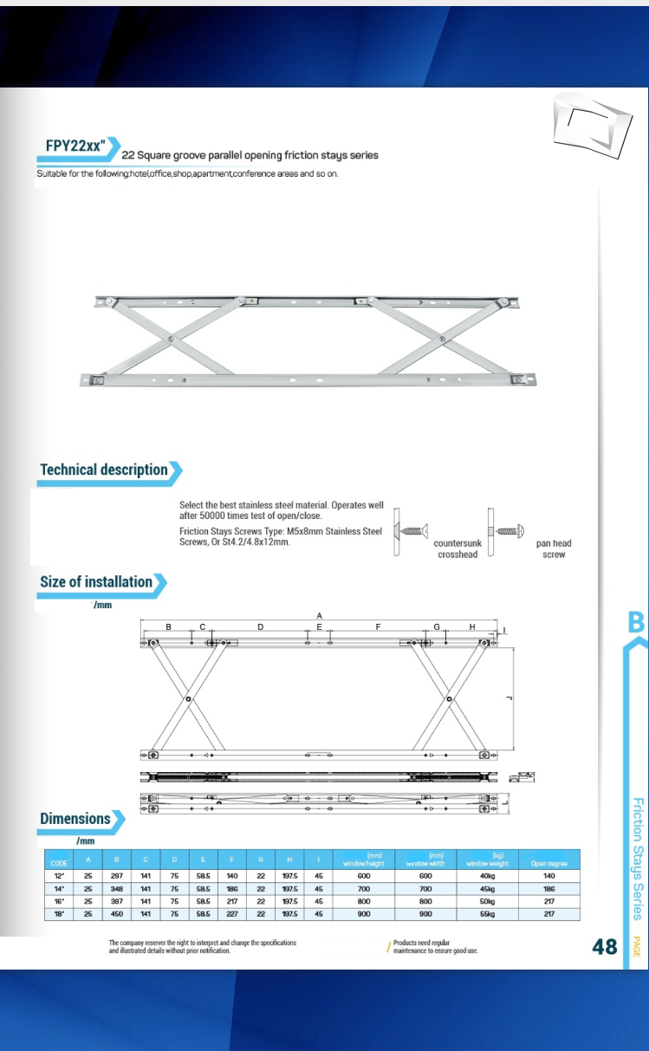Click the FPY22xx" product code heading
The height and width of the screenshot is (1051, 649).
coord(75,146)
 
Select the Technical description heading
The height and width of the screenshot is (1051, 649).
coord(104,470)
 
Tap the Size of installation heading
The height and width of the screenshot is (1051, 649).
coord(96,582)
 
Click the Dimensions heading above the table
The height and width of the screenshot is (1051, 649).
coord(75,819)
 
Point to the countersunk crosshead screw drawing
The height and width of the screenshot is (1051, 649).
coord(409,530)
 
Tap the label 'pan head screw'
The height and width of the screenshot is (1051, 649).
coord(554,548)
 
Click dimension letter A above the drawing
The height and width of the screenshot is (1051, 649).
coord(319,614)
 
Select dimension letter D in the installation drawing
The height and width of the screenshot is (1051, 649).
coord(260,626)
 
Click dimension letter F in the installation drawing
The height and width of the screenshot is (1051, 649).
coord(378,626)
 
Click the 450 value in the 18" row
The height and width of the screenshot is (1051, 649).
coord(117,913)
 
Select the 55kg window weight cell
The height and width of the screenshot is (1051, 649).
coord(488,913)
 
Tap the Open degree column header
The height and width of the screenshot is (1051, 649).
coord(548,863)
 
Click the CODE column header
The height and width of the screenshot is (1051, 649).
coord(59,863)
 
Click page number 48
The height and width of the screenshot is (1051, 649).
coord(604,947)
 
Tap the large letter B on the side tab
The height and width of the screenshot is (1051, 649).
coord(636,623)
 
